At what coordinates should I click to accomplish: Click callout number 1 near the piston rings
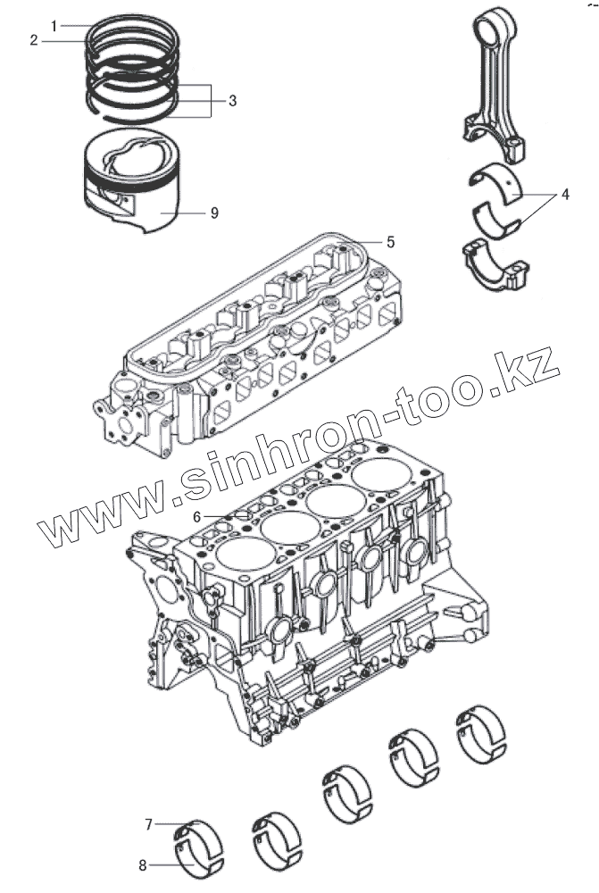tap(54, 26)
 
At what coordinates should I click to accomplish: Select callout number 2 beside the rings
tap(33, 40)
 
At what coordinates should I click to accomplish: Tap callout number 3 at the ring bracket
tap(232, 101)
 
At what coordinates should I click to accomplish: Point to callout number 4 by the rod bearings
tap(564, 194)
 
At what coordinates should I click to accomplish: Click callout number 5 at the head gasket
tap(390, 241)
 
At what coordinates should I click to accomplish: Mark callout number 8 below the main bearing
tap(142, 864)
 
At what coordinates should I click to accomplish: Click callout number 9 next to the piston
tap(214, 213)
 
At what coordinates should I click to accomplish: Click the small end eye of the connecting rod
tap(492, 21)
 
